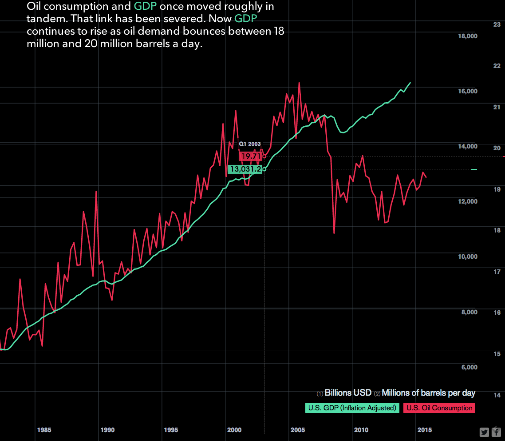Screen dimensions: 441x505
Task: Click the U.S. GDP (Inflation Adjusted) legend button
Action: pyautogui.click(x=351, y=408)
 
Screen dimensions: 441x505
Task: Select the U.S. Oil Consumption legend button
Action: pyautogui.click(x=439, y=408)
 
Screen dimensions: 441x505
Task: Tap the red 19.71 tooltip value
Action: pyautogui.click(x=251, y=156)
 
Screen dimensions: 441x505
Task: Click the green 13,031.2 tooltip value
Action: pyautogui.click(x=245, y=169)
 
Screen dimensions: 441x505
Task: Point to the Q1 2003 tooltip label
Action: pyautogui.click(x=250, y=144)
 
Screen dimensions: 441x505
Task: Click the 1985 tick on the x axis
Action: pyautogui.click(x=44, y=430)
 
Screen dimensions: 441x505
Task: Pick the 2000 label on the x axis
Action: pyautogui.click(x=234, y=430)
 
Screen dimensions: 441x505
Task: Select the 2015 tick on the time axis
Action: pyautogui.click(x=425, y=430)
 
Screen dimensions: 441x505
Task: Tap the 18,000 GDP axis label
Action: pyautogui.click(x=468, y=36)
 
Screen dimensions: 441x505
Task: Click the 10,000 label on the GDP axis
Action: pyautogui.click(x=468, y=257)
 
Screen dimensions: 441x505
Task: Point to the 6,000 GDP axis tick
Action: pyautogui.click(x=469, y=367)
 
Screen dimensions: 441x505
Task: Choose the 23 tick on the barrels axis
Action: pyautogui.click(x=497, y=25)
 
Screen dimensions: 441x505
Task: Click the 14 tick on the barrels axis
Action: pyautogui.click(x=497, y=395)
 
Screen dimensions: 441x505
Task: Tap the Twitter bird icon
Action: pyautogui.click(x=484, y=432)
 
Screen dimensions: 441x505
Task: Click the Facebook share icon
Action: pyautogui.click(x=496, y=432)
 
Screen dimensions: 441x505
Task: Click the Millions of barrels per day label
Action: pyautogui.click(x=428, y=393)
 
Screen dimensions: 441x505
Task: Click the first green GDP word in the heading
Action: pyautogui.click(x=146, y=7)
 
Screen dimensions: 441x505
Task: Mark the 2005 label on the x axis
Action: pyautogui.click(x=298, y=430)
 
